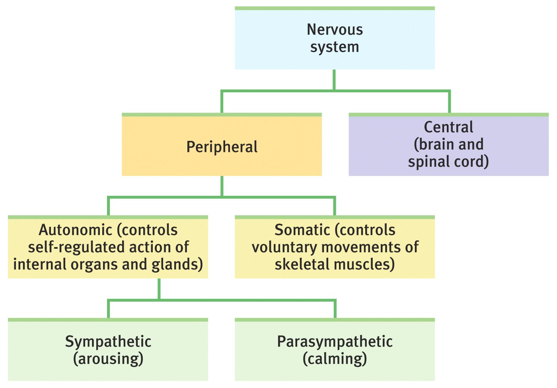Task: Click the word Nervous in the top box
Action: (335, 30)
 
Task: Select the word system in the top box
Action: (335, 47)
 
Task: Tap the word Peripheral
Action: (222, 147)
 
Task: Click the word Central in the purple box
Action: (448, 127)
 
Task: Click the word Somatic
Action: (303, 230)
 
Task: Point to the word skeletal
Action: (300, 265)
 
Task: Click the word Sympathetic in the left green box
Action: (108, 342)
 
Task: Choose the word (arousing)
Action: (108, 359)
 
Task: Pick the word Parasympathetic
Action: (335, 342)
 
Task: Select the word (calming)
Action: (335, 359)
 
